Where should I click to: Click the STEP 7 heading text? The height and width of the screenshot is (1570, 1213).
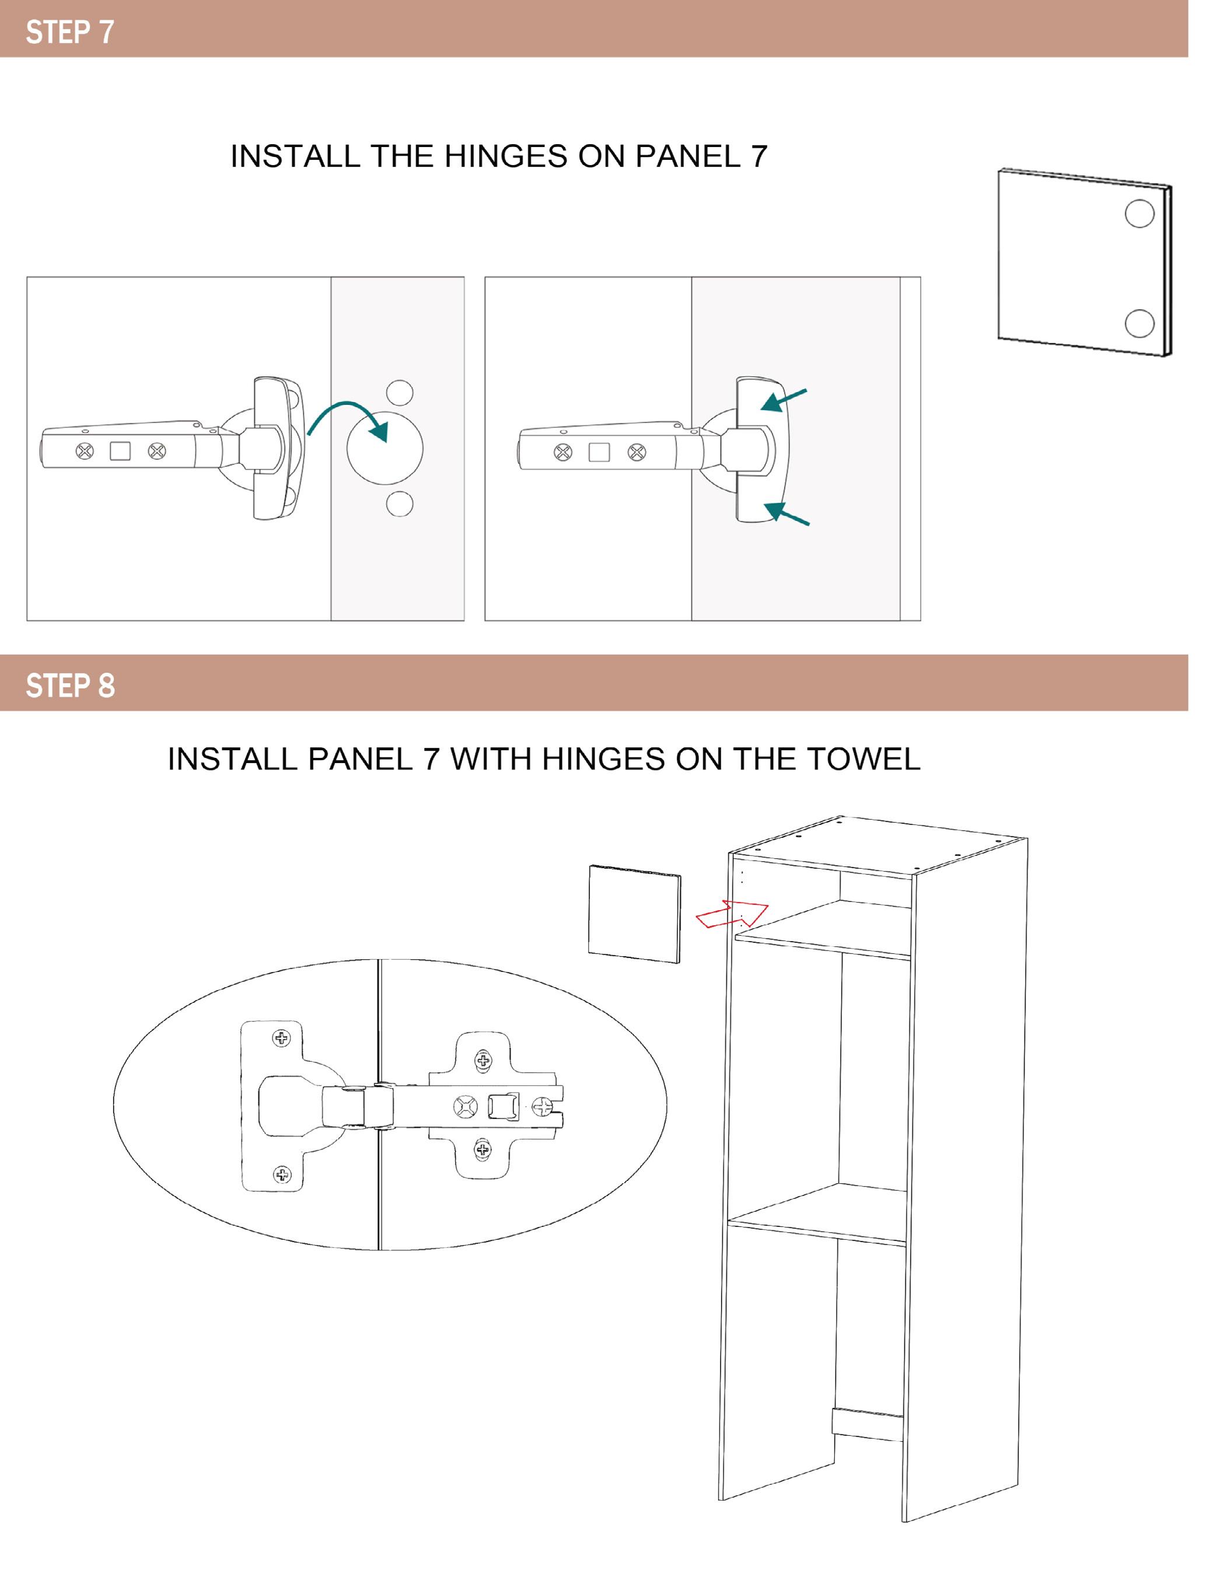tap(70, 32)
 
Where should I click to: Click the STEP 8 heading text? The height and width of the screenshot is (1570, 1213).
tap(70, 685)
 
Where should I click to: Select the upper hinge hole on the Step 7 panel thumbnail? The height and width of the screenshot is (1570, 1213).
tap(1139, 214)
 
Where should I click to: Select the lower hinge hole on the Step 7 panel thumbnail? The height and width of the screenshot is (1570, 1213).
tap(1139, 323)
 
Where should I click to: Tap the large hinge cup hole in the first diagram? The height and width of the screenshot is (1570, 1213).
tap(384, 448)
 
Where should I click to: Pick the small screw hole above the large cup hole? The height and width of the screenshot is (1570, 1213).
tap(400, 393)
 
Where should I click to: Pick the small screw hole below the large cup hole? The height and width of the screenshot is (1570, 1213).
tap(400, 503)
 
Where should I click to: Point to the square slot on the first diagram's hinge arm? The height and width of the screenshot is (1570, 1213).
tap(120, 452)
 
